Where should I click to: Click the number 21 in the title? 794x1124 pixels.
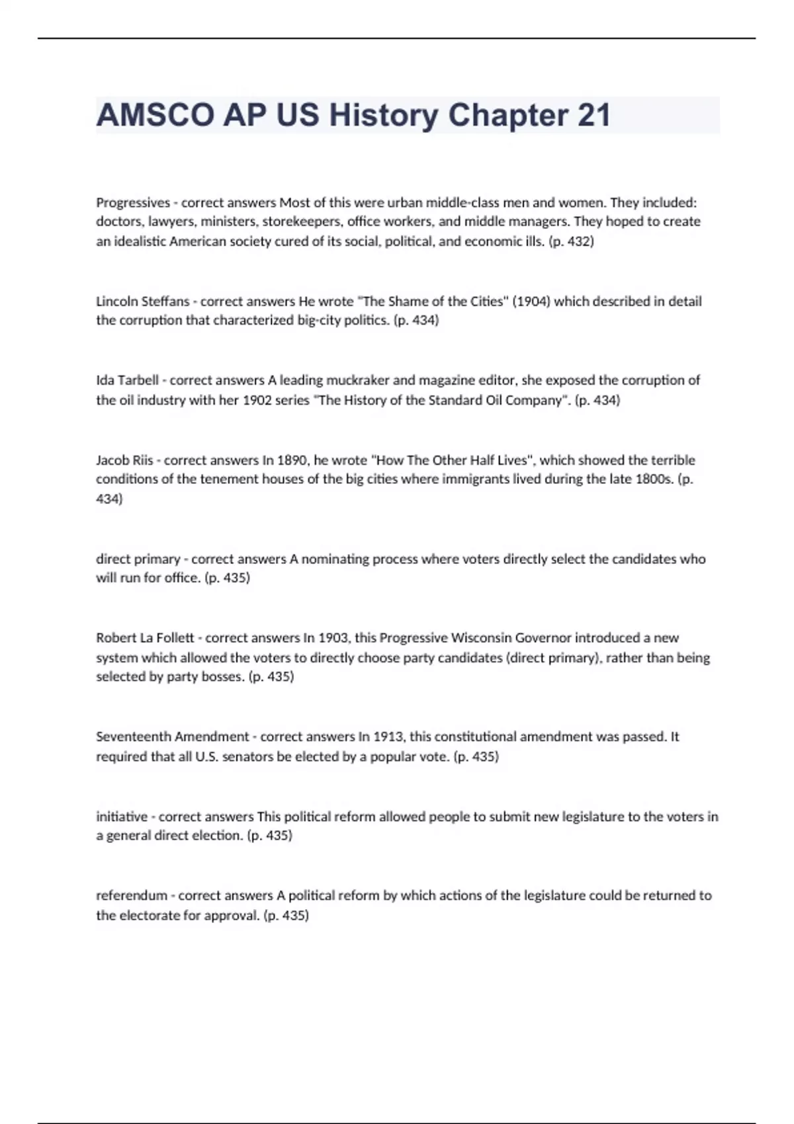point(594,115)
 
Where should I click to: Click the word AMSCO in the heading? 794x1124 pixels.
point(155,115)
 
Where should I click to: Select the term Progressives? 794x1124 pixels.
point(133,202)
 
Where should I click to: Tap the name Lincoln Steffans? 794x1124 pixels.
point(142,301)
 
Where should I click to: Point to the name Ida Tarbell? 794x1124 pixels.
point(127,380)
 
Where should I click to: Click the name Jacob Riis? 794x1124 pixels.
point(124,460)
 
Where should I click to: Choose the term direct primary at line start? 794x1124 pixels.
point(138,559)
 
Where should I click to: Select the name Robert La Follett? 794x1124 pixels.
point(145,638)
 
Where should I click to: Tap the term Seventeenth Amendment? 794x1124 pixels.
point(172,737)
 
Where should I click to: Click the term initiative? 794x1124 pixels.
point(121,817)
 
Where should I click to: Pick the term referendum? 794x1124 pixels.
point(132,896)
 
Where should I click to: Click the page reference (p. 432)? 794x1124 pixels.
point(572,241)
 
